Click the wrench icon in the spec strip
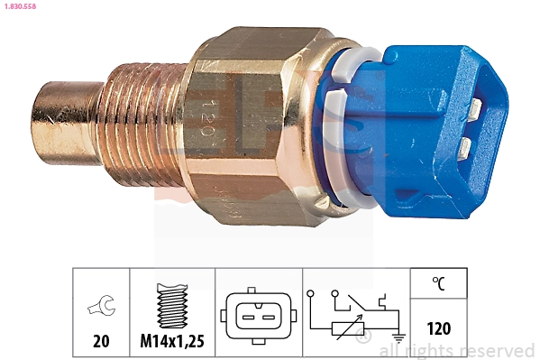101,308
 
